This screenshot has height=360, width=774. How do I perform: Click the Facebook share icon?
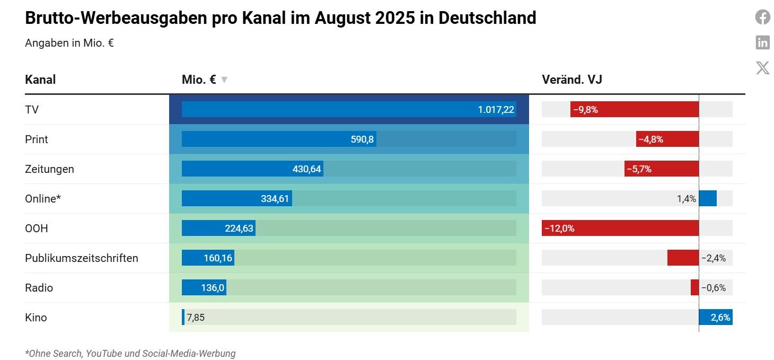click(762, 17)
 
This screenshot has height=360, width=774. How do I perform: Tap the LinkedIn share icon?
click(762, 42)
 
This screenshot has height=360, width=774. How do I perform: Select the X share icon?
click(762, 68)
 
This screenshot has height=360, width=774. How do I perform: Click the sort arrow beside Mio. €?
click(224, 80)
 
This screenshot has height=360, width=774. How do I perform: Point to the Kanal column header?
click(40, 80)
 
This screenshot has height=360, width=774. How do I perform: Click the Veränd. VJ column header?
click(571, 80)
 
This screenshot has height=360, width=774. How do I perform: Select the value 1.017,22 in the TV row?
click(496, 110)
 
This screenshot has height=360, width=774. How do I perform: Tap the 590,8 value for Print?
click(362, 139)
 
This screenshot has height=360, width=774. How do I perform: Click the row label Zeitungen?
click(49, 169)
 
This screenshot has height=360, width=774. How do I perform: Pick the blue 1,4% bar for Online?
click(708, 199)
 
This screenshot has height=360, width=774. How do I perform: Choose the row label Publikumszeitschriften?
click(82, 258)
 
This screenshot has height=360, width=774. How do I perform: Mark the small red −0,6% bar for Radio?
click(694, 288)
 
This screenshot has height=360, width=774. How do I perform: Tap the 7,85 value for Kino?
click(196, 318)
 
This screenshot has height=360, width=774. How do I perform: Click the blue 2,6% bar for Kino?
click(716, 318)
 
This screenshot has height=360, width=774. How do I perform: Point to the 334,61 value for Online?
click(275, 199)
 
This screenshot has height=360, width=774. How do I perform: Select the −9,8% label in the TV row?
click(585, 110)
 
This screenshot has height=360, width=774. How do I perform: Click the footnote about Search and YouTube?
click(130, 353)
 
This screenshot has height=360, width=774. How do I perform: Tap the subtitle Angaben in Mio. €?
click(69, 43)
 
